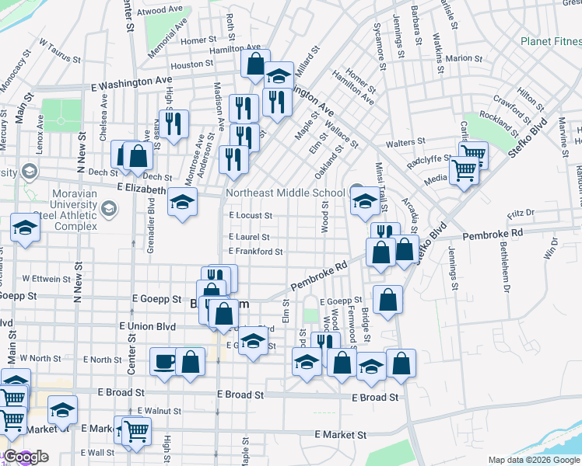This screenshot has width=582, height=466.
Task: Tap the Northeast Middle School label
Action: pyautogui.click(x=285, y=193)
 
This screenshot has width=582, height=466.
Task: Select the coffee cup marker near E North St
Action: pyautogui.click(x=164, y=363)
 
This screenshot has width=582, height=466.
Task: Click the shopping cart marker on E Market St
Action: pyautogui.click(x=137, y=430)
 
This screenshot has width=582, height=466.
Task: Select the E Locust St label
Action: pyautogui.click(x=250, y=215)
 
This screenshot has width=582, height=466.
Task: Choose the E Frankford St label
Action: pyautogui.click(x=254, y=252)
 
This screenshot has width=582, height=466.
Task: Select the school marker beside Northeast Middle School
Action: pyautogui.click(x=365, y=200)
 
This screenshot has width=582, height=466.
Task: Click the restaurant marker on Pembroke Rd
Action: pyautogui.click(x=384, y=232)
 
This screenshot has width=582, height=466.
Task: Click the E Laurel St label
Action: pyautogui.click(x=249, y=237)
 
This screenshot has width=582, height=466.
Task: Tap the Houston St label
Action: pyautogui.click(x=187, y=65)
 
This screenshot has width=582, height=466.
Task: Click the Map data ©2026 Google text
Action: pyautogui.click(x=534, y=460)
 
